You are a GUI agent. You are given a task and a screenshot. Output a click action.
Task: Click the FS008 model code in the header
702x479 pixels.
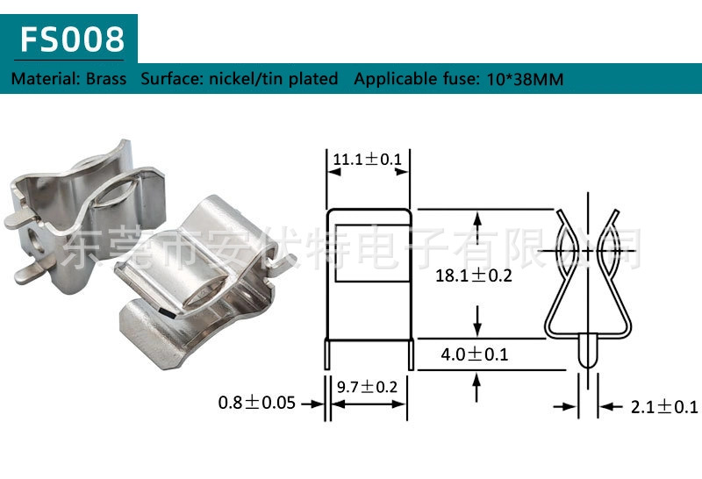point(74,39)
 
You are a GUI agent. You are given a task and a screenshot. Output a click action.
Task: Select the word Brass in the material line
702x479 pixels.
point(106,79)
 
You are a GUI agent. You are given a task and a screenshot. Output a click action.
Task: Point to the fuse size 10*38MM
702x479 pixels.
point(523,79)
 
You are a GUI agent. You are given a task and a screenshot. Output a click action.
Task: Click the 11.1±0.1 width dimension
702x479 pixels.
point(367,159)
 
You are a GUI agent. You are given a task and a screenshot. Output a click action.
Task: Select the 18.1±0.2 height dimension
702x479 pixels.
point(473,275)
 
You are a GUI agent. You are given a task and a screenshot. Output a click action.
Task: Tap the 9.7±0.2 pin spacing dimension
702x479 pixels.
point(367,387)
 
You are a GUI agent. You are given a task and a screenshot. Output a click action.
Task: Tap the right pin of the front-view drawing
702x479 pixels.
point(410,354)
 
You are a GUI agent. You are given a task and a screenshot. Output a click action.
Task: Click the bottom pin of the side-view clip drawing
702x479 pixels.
point(589,351)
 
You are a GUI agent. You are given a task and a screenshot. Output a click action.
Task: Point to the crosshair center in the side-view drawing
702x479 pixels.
point(589,252)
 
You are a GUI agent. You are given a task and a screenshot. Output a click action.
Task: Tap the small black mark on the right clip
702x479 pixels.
point(166,310)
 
